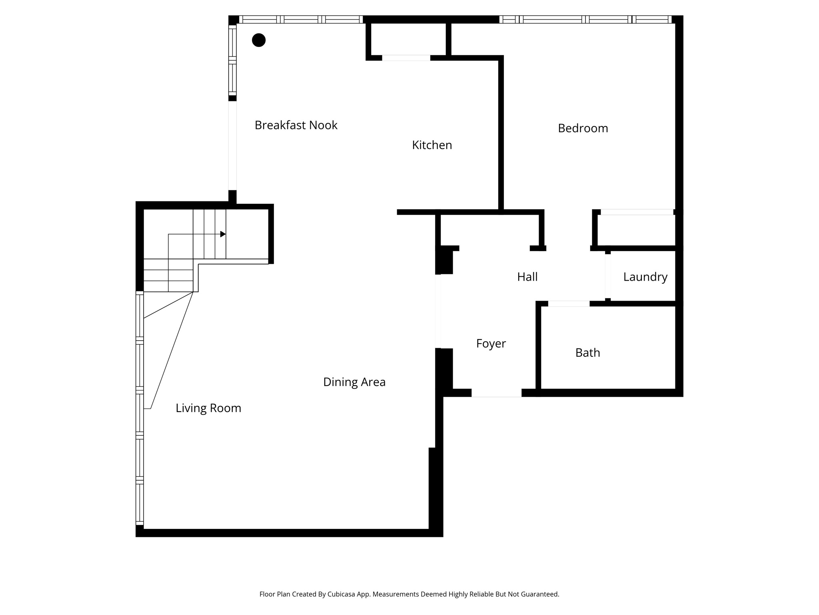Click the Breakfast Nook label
[296, 125]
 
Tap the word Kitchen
[432, 145]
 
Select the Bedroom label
[583, 128]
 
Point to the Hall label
[527, 277]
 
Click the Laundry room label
[645, 277]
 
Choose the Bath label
[587, 353]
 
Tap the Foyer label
[491, 344]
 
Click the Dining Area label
[354, 382]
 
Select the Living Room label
[208, 408]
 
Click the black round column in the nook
[259, 40]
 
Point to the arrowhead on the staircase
[223, 234]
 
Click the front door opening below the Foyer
[496, 393]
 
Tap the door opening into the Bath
[568, 304]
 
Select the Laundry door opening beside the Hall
[608, 276]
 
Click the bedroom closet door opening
[637, 212]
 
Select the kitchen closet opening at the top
[406, 58]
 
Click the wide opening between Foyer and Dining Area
[438, 311]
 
